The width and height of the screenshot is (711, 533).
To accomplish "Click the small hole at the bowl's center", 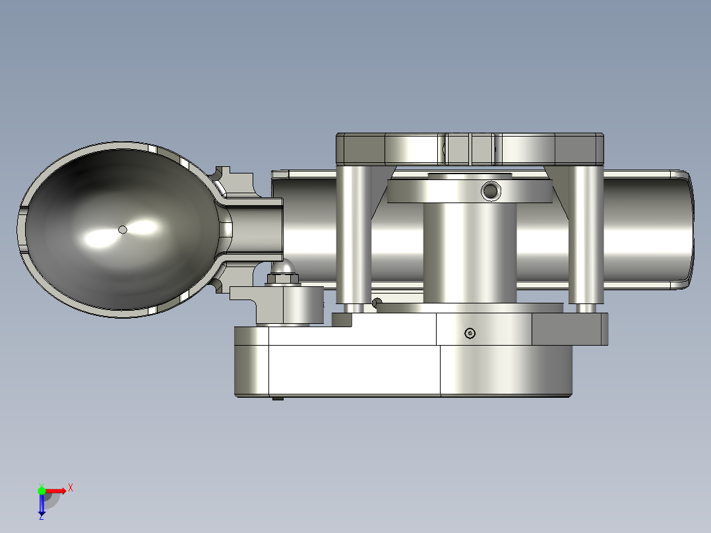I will pyautogui.click(x=122, y=230).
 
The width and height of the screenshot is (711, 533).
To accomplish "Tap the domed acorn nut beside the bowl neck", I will pyautogui.click(x=283, y=269).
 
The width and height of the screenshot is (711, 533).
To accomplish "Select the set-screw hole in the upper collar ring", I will pyautogui.click(x=490, y=191).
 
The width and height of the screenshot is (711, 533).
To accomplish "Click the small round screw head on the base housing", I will pyautogui.click(x=470, y=333).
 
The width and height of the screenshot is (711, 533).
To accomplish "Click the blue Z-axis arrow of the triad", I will pyautogui.click(x=42, y=505).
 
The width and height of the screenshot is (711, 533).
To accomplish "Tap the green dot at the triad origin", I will pyautogui.click(x=42, y=490).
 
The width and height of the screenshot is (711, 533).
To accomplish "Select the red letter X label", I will pyautogui.click(x=71, y=487).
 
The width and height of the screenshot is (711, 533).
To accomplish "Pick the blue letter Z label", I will pyautogui.click(x=41, y=517).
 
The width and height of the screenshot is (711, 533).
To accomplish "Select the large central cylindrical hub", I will pyautogui.click(x=469, y=251).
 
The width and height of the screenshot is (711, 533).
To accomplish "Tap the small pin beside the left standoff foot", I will pyautogui.click(x=376, y=303).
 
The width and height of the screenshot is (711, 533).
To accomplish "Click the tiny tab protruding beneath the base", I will pyautogui.click(x=278, y=398).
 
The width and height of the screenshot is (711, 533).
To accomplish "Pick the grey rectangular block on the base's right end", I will pyautogui.click(x=570, y=329).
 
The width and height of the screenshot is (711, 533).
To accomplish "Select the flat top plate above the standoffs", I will pyautogui.click(x=469, y=148).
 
